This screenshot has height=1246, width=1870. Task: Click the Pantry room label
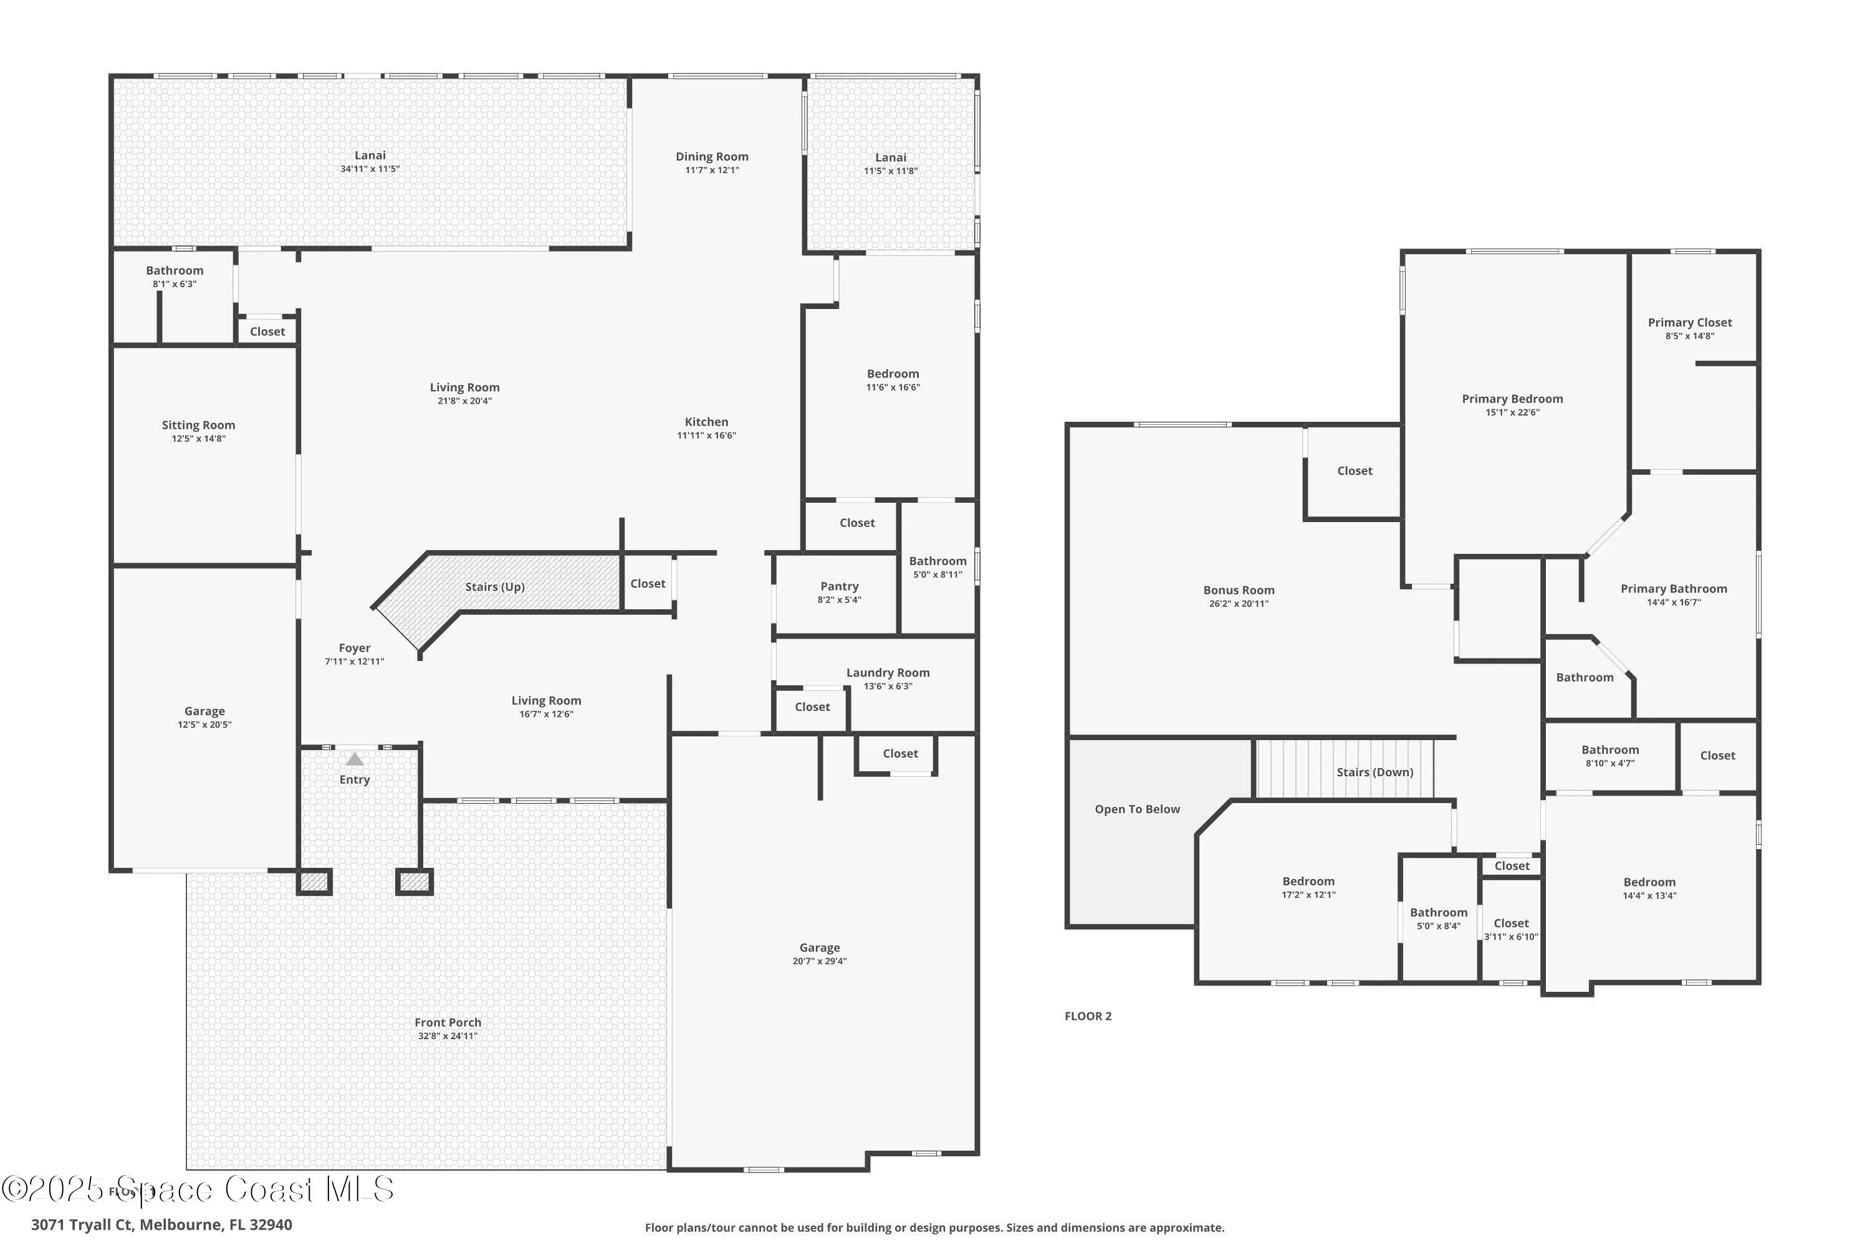click(839, 586)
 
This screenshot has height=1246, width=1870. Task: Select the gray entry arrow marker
click(355, 759)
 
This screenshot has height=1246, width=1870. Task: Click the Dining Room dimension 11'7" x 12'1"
click(712, 170)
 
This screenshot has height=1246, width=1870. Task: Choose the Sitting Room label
click(198, 425)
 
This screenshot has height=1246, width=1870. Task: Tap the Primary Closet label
click(1689, 322)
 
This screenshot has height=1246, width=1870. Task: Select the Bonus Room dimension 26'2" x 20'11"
click(1238, 604)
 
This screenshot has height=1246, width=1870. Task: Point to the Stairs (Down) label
click(1374, 772)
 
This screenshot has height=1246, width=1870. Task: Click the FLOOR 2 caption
click(1088, 1015)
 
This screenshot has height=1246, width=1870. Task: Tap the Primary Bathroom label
click(1674, 589)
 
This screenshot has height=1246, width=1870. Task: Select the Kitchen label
click(706, 422)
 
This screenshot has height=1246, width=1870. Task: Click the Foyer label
click(354, 648)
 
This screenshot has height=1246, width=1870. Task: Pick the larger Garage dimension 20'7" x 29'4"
click(819, 961)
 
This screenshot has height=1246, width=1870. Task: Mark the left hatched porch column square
click(314, 882)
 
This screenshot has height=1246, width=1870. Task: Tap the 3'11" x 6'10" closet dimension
click(1510, 937)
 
